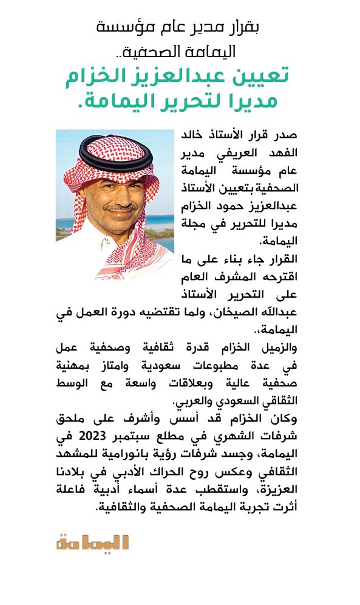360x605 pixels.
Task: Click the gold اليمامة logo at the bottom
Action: tap(93, 542)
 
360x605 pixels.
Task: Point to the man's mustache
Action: tap(120, 207)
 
